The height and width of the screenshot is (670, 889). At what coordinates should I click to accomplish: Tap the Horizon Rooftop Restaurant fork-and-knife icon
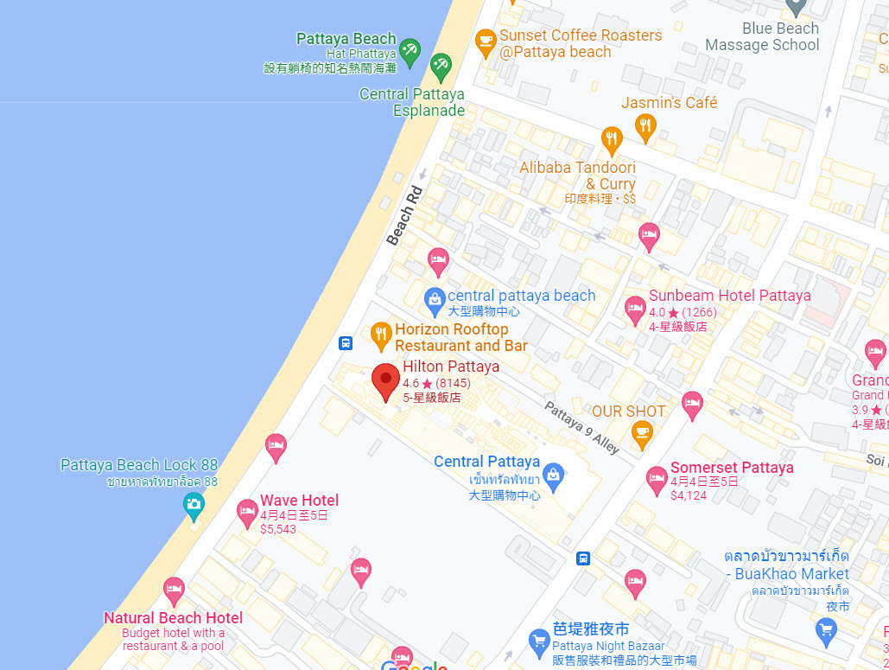[380, 333]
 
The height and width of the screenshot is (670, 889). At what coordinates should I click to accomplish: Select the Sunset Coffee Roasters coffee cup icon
[486, 39]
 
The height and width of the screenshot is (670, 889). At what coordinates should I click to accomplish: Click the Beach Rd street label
[404, 215]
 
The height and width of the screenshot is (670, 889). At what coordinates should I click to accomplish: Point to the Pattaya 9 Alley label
[581, 427]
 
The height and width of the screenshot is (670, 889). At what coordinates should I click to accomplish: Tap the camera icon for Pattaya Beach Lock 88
[194, 503]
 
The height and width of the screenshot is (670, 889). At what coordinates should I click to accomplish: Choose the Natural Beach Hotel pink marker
[174, 590]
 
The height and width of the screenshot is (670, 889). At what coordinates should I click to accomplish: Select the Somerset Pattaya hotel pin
[657, 476]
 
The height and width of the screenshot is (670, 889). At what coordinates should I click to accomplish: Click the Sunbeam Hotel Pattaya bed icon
[635, 307]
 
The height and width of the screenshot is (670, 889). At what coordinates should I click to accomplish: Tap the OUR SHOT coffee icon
[641, 431]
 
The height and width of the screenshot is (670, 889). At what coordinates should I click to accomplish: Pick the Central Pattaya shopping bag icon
[554, 473]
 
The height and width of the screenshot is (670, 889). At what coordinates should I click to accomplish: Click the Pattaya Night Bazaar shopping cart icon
[539, 641]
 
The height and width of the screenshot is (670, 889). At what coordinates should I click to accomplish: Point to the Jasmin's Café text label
[669, 103]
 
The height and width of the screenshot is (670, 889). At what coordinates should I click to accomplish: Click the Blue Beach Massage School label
[762, 37]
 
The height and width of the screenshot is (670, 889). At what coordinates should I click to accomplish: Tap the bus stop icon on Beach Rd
[346, 343]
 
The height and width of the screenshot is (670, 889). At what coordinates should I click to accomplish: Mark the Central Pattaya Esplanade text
[412, 102]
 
